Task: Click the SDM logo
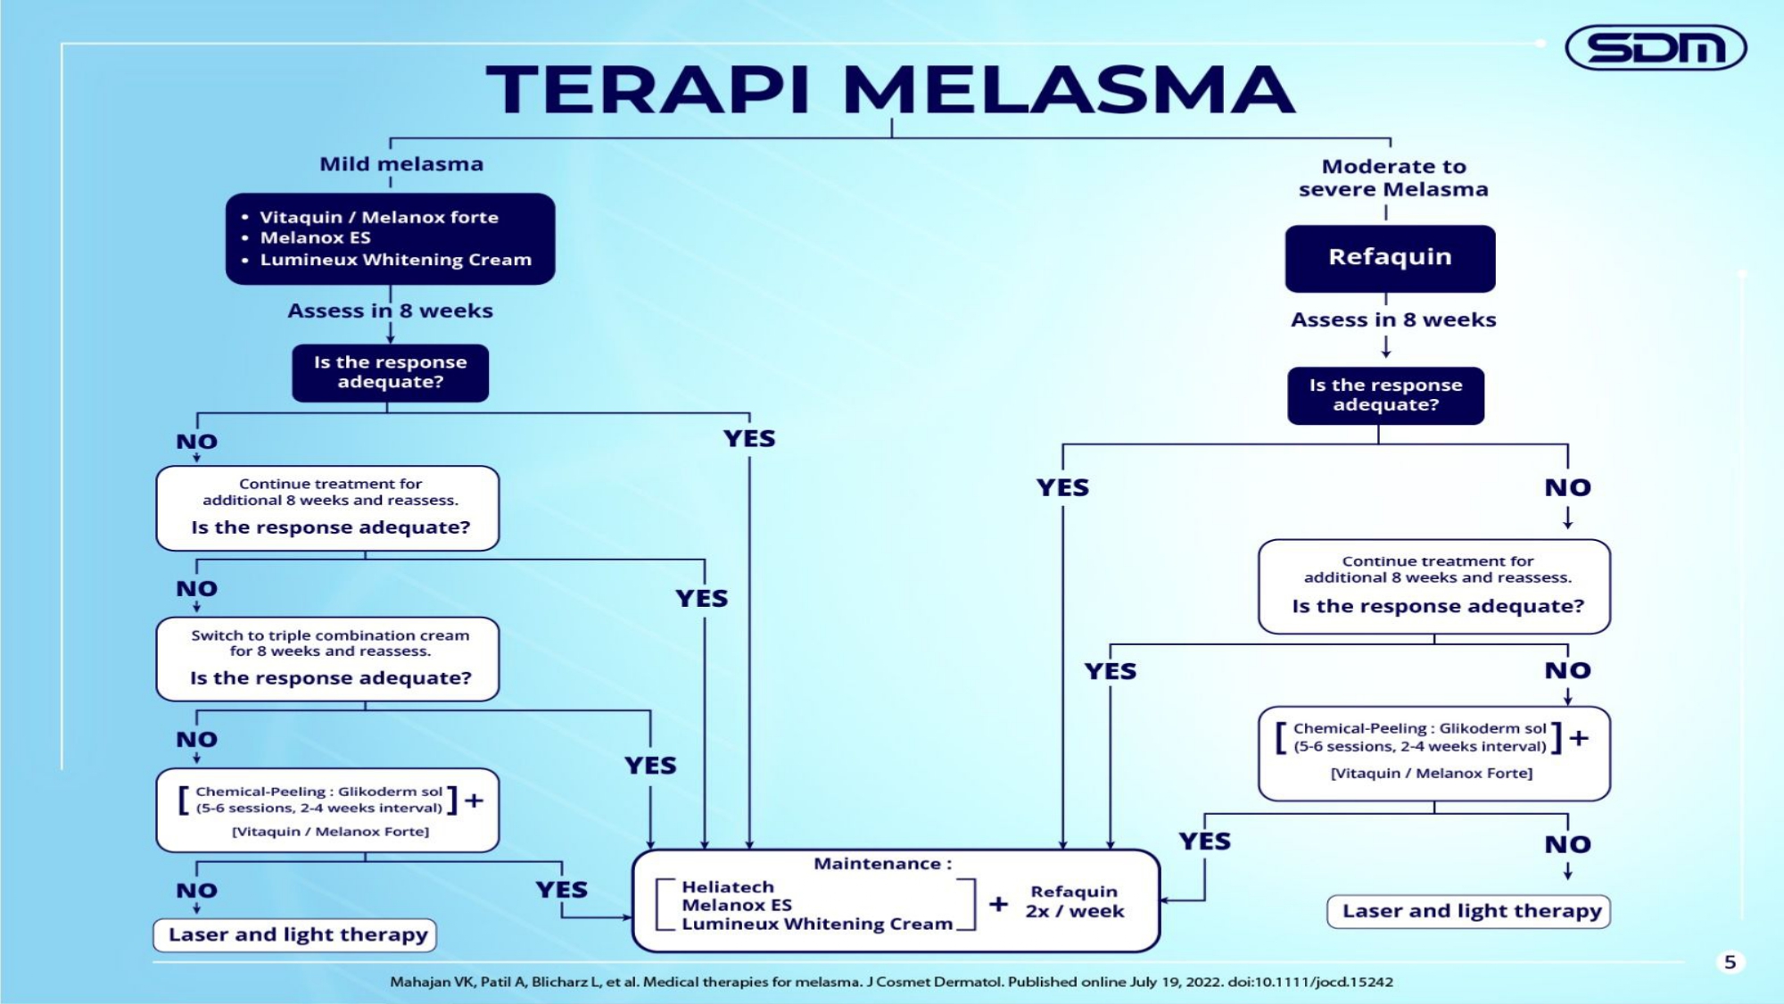pyautogui.click(x=1656, y=48)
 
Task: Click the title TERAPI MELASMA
pyautogui.click(x=890, y=90)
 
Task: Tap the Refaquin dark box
pyautogui.click(x=1390, y=258)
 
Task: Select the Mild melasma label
pyautogui.click(x=401, y=164)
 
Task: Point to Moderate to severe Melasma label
pyautogui.click(x=1393, y=178)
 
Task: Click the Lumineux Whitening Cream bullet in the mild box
pyautogui.click(x=395, y=260)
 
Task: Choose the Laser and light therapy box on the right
pyautogui.click(x=1469, y=911)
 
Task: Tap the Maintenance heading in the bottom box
pyautogui.click(x=882, y=864)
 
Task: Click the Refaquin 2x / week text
pyautogui.click(x=1074, y=901)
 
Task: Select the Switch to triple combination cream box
pyautogui.click(x=328, y=659)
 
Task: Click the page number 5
pyautogui.click(x=1730, y=962)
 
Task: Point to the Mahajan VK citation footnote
pyautogui.click(x=890, y=982)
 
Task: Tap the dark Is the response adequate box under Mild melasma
pyautogui.click(x=390, y=372)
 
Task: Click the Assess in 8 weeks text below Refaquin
pyautogui.click(x=1393, y=319)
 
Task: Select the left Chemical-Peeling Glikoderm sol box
pyautogui.click(x=328, y=809)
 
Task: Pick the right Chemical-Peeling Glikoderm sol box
pyautogui.click(x=1433, y=752)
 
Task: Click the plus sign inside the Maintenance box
pyautogui.click(x=998, y=904)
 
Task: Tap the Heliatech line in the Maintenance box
pyautogui.click(x=728, y=887)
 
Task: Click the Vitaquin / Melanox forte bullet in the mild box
pyautogui.click(x=378, y=217)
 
